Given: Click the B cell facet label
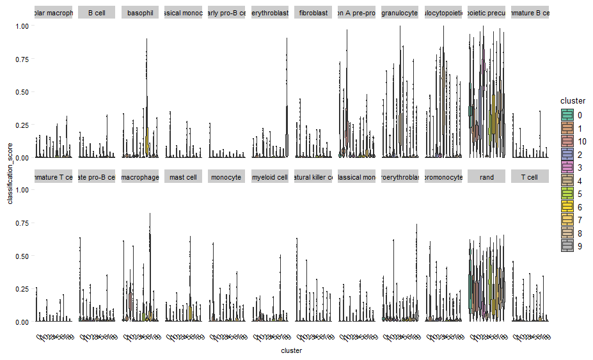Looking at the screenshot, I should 97,13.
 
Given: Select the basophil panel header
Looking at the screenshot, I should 139,13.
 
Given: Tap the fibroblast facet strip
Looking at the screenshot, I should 313,13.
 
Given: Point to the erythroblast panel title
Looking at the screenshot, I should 270,13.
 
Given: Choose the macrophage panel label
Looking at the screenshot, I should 139,176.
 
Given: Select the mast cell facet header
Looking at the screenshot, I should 183,176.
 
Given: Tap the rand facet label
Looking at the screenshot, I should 487,176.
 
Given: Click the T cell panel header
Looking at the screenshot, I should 530,176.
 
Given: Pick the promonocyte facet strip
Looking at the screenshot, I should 443,176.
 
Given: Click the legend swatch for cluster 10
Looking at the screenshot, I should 567,141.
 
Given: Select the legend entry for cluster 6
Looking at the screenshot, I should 567,207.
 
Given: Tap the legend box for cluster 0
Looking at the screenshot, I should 567,115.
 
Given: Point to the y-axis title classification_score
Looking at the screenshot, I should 10,174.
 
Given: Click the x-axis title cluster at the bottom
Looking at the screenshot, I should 291,350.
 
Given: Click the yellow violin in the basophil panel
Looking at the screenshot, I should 147,141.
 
